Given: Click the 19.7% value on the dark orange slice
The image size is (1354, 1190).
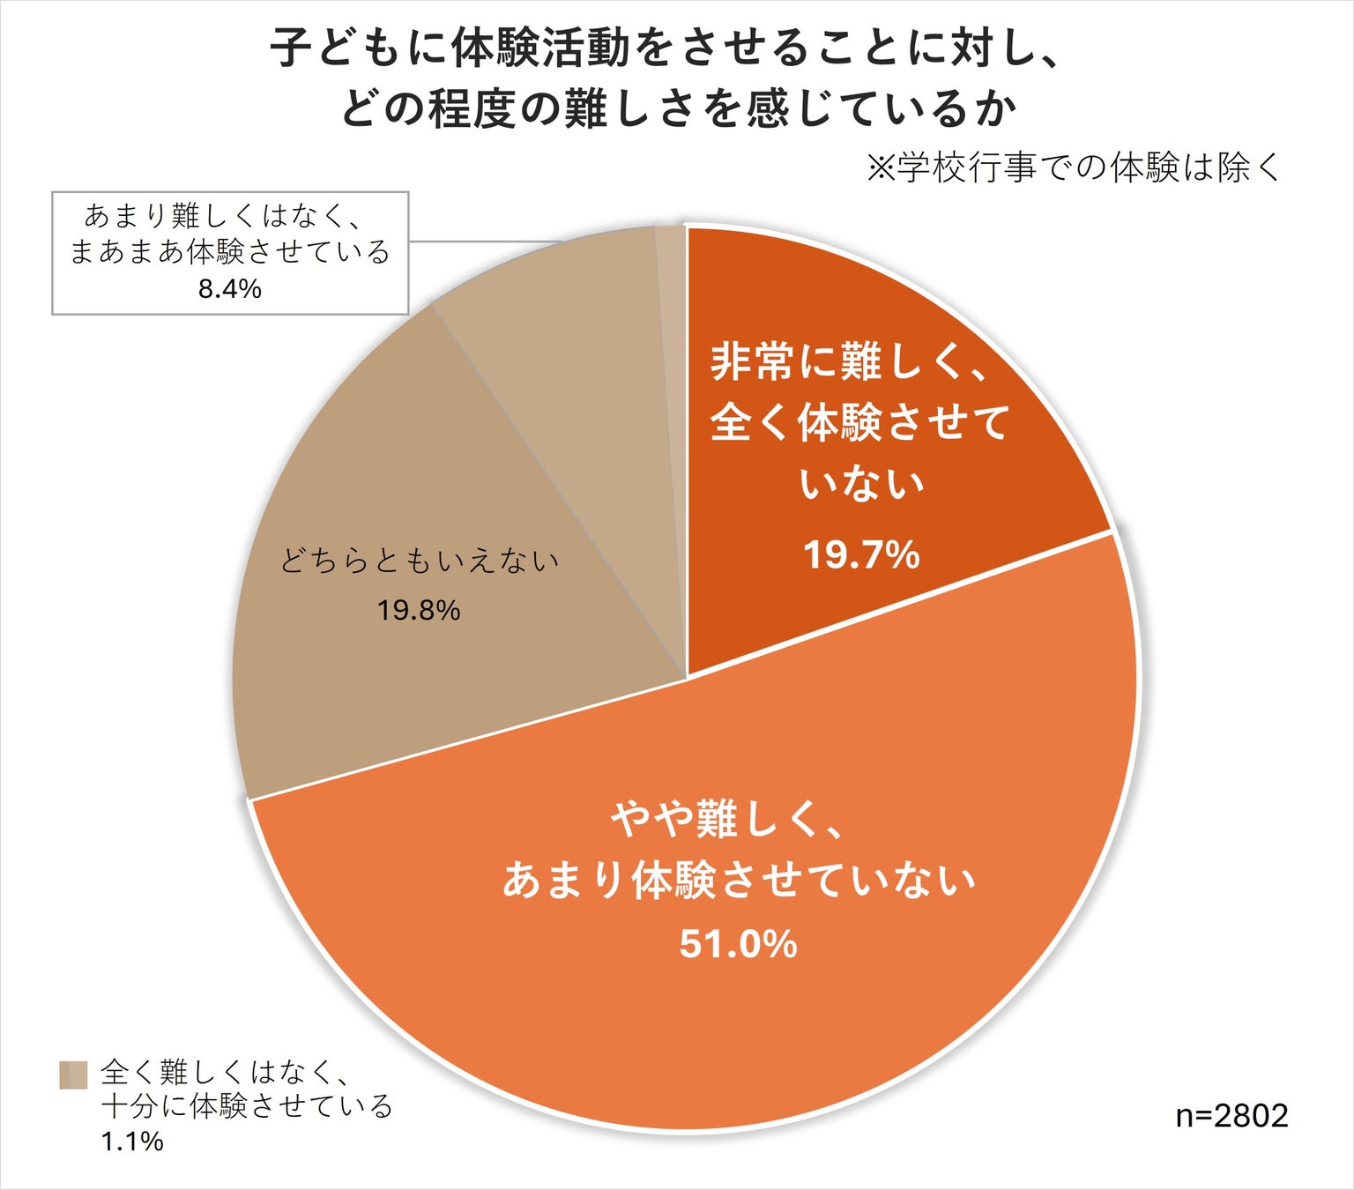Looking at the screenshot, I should pos(861,555).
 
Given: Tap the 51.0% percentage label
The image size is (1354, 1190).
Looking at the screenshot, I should pos(738,944).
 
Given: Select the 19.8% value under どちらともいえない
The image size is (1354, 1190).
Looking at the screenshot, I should pos(419,610).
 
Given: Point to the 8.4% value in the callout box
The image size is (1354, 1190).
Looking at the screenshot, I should pos(230,288).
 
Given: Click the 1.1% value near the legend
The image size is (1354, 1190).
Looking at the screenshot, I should pos(132,1142).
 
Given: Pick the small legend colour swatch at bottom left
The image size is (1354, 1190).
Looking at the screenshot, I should pos(73,1075).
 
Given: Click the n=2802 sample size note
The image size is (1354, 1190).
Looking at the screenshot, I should pos(1231,1116).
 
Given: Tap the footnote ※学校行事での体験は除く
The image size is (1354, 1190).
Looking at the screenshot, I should pos(1073,167).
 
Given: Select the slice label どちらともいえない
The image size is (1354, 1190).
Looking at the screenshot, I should pos(420,561).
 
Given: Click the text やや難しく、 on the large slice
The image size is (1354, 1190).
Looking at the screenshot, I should pos(728,820).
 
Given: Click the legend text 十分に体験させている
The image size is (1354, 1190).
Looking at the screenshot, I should pos(247,1106).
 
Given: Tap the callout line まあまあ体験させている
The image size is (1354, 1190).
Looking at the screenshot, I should pos(230,252).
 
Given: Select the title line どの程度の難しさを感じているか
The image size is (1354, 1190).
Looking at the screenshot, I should pos(679,110).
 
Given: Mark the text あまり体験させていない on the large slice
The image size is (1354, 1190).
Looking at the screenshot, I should pos(739,880).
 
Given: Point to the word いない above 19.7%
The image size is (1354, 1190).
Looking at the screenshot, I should pos(861,483).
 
